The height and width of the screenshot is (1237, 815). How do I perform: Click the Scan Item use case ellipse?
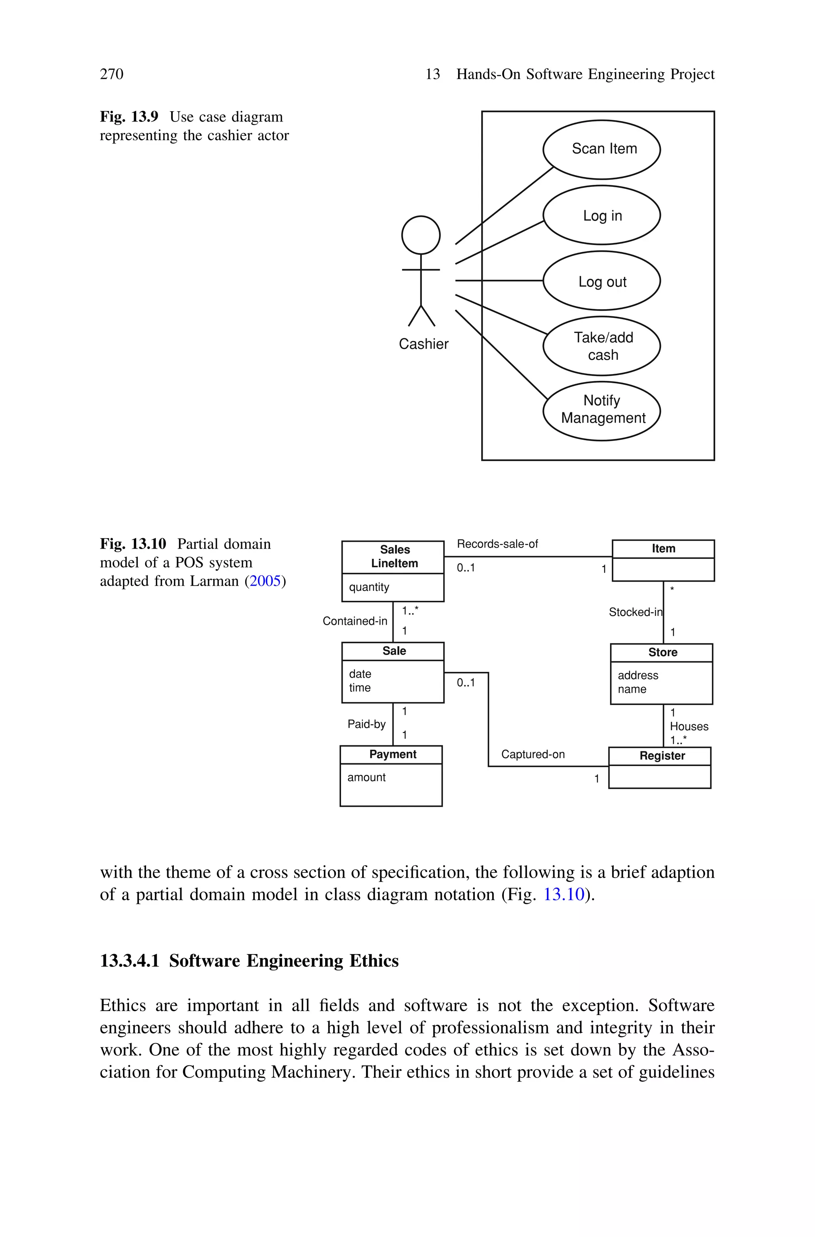[x=601, y=149]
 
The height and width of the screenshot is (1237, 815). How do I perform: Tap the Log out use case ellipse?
[x=601, y=281]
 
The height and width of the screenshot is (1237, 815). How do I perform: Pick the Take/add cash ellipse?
[x=601, y=346]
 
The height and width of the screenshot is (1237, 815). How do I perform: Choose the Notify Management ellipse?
[x=601, y=410]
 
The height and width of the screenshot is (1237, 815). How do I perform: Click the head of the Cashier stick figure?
[x=421, y=235]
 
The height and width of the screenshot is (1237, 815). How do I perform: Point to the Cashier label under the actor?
[x=423, y=344]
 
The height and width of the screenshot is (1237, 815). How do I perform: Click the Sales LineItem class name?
[x=394, y=557]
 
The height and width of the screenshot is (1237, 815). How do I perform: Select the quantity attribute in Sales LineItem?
[x=369, y=587]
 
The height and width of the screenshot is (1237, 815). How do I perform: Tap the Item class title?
[x=663, y=548]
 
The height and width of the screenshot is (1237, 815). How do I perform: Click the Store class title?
[x=663, y=652]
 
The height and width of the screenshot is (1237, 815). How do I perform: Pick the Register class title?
[x=662, y=756]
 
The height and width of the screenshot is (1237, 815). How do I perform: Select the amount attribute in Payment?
[x=367, y=777]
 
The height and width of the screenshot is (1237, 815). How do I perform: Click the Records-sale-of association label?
[x=497, y=543]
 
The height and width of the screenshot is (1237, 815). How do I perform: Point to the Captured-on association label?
[x=533, y=754]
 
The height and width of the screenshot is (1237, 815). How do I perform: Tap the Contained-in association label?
[x=355, y=621]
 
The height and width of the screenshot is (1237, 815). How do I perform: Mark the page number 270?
[x=112, y=74]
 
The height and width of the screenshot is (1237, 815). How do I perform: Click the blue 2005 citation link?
[x=265, y=581]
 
